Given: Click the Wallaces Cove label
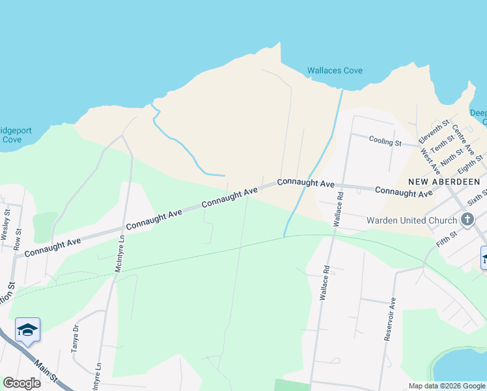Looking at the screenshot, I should (x=335, y=70).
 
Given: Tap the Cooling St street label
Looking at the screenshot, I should (x=385, y=140).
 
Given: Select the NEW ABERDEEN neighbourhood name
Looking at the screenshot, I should (x=444, y=181).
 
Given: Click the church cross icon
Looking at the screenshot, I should (x=467, y=220).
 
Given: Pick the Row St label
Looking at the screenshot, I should (x=18, y=239).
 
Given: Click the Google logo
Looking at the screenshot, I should (x=21, y=383).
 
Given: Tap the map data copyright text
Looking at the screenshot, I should (x=446, y=386).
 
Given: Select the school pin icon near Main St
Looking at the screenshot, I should (x=28, y=330).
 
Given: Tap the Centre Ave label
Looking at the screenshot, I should (x=464, y=138).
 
